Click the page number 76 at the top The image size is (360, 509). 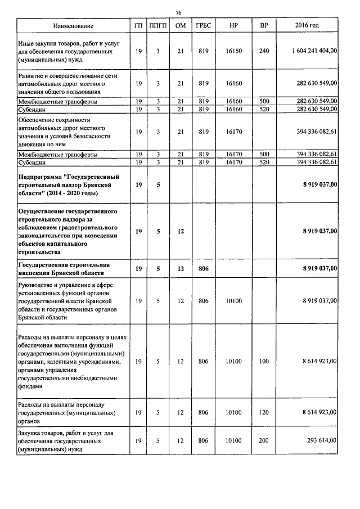coord(178,12)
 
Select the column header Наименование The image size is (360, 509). coord(73,26)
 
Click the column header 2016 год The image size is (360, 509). coord(307,26)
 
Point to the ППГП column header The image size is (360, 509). coord(159,26)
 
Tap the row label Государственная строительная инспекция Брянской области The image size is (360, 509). coord(64,269)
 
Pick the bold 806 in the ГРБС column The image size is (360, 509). coord(203,269)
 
